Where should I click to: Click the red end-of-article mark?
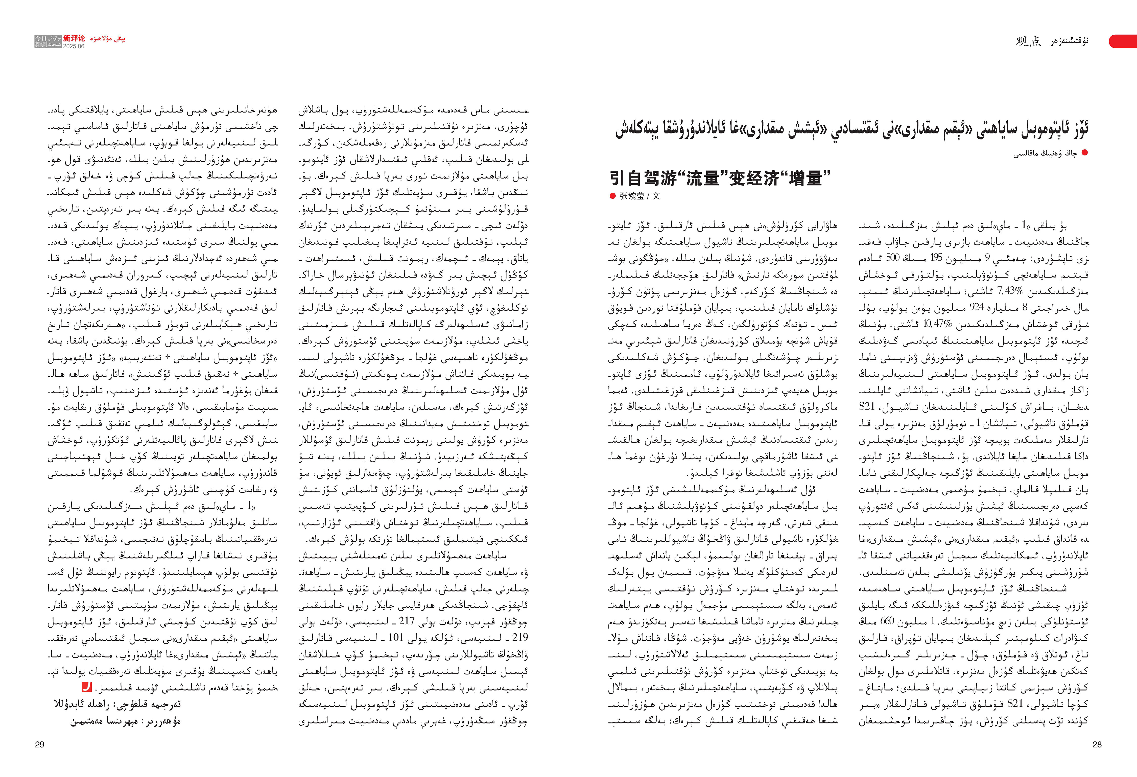[x=87, y=687]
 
